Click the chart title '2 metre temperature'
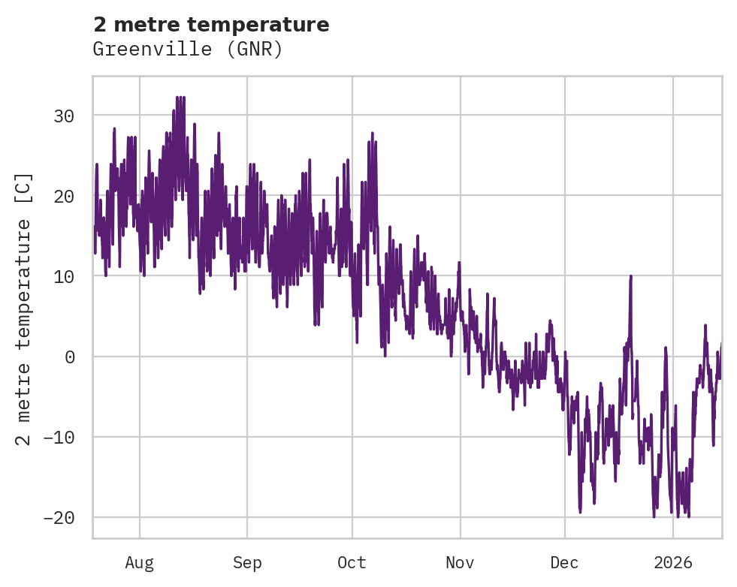pos(211,25)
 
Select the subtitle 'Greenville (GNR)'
pos(187,50)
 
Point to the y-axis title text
pos(24,309)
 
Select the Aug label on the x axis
pos(139,562)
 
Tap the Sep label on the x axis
pos(246,562)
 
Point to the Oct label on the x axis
pos(352,562)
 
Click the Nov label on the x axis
pos(460,562)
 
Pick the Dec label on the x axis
pos(564,562)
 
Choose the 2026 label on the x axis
pos(672,562)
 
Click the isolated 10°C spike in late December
pos(631,277)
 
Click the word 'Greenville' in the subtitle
pos(140,50)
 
